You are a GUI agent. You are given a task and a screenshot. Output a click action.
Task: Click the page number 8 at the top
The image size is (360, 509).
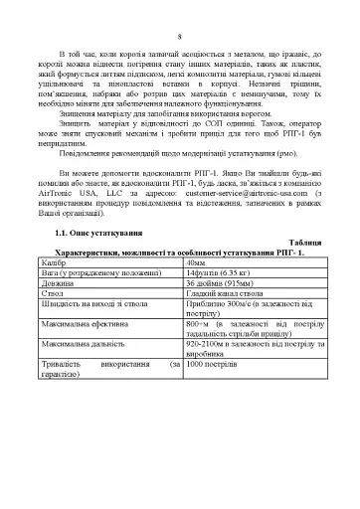click(x=179, y=38)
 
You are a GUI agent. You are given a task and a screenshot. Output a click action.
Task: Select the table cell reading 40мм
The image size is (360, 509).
click(x=197, y=290)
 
